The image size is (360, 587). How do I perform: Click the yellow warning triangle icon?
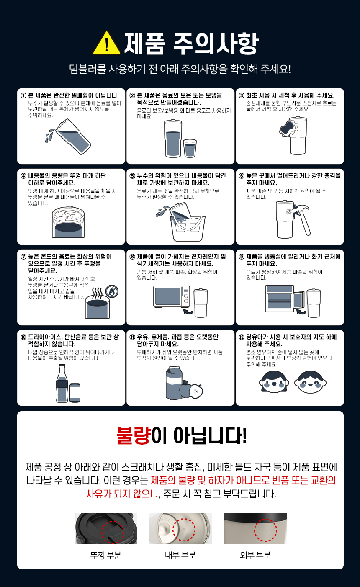tap(107, 43)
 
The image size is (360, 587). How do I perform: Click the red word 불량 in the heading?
tap(133, 435)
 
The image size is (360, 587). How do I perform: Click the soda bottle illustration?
tap(62, 383)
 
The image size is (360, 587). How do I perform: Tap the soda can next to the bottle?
tap(75, 393)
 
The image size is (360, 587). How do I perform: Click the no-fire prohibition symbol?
tap(112, 291)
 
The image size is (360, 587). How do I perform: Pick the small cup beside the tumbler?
tap(190, 148)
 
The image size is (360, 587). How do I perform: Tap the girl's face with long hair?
tap(274, 382)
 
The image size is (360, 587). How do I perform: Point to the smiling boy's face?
tap(310, 382)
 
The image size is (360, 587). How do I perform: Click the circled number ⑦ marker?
tap(23, 257)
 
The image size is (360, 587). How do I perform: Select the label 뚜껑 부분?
tap(106, 555)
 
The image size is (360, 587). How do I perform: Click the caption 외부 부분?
tap(255, 555)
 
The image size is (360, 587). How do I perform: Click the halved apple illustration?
tap(196, 391)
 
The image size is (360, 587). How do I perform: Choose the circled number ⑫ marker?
tap(242, 337)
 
